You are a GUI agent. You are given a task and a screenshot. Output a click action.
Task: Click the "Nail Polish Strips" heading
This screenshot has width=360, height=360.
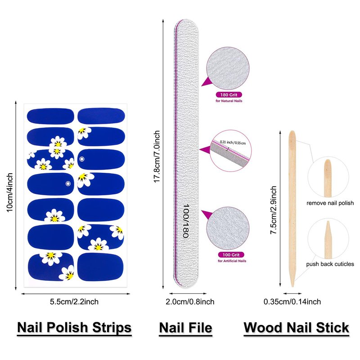74,327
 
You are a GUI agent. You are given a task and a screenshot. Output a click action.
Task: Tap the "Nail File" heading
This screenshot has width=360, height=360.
185,327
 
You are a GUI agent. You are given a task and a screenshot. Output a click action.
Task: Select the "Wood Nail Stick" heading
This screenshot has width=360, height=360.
297,327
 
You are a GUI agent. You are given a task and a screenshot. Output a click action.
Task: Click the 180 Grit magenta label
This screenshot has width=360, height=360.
229,95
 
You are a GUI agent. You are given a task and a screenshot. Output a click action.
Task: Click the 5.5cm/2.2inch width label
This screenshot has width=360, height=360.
74,302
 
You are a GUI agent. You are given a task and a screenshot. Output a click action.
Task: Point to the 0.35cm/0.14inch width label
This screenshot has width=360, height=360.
292,302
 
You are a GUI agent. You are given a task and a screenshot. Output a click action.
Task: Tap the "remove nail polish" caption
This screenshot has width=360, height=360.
330,203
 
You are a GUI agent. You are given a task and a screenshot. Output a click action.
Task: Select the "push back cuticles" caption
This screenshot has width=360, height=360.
330,264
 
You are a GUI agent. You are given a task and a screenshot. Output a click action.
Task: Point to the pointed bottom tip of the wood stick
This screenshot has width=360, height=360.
292,284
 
